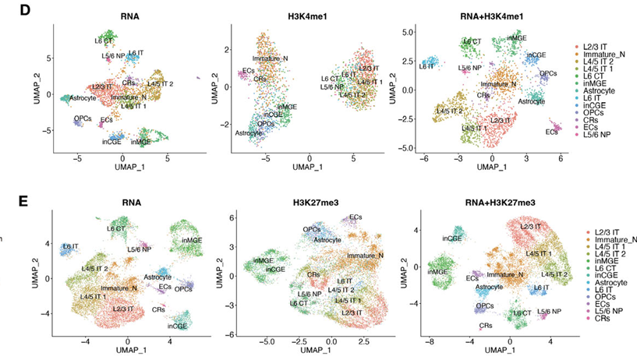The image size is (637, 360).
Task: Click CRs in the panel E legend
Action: [x=591, y=319]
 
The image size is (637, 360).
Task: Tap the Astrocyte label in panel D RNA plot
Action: [x=83, y=97]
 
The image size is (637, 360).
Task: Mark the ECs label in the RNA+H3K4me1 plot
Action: [x=551, y=132]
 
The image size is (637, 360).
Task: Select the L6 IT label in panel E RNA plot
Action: [x=71, y=246]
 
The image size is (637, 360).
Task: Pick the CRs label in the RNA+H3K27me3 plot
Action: [x=485, y=325]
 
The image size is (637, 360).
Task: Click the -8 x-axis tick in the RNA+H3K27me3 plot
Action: [x=429, y=341]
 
